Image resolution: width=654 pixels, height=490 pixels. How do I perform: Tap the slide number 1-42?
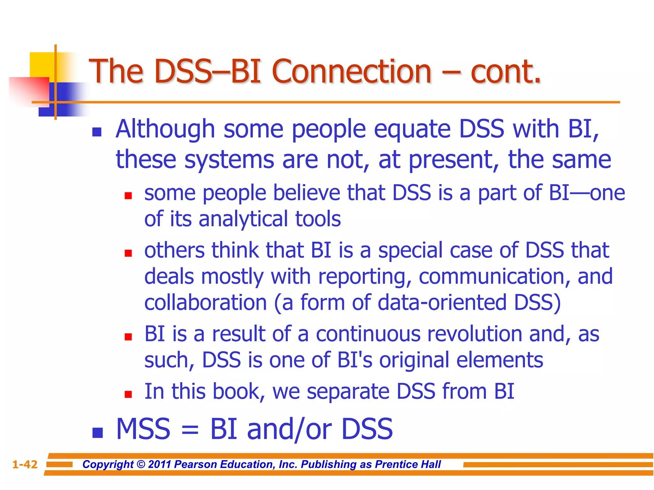tap(25, 464)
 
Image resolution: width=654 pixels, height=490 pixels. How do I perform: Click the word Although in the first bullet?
tap(165, 129)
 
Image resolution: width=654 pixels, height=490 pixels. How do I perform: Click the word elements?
tap(499, 360)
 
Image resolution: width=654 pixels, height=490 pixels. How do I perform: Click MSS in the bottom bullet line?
tap(143, 429)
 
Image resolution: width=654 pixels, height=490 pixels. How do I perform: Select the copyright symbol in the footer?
tap(141, 464)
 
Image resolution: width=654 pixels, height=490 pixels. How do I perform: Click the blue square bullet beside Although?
tap(97, 132)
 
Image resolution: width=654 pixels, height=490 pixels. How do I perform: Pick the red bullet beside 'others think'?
tap(128, 253)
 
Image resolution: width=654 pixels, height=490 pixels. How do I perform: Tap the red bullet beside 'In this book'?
tap(128, 395)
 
